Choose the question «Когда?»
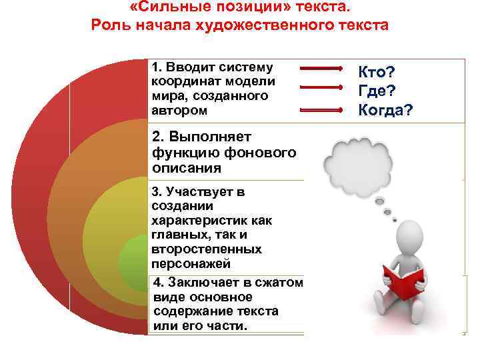(x=385, y=109)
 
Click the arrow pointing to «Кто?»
(x=321, y=69)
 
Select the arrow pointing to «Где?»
(x=321, y=87)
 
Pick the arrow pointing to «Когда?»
(x=321, y=109)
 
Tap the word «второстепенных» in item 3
(x=206, y=249)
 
